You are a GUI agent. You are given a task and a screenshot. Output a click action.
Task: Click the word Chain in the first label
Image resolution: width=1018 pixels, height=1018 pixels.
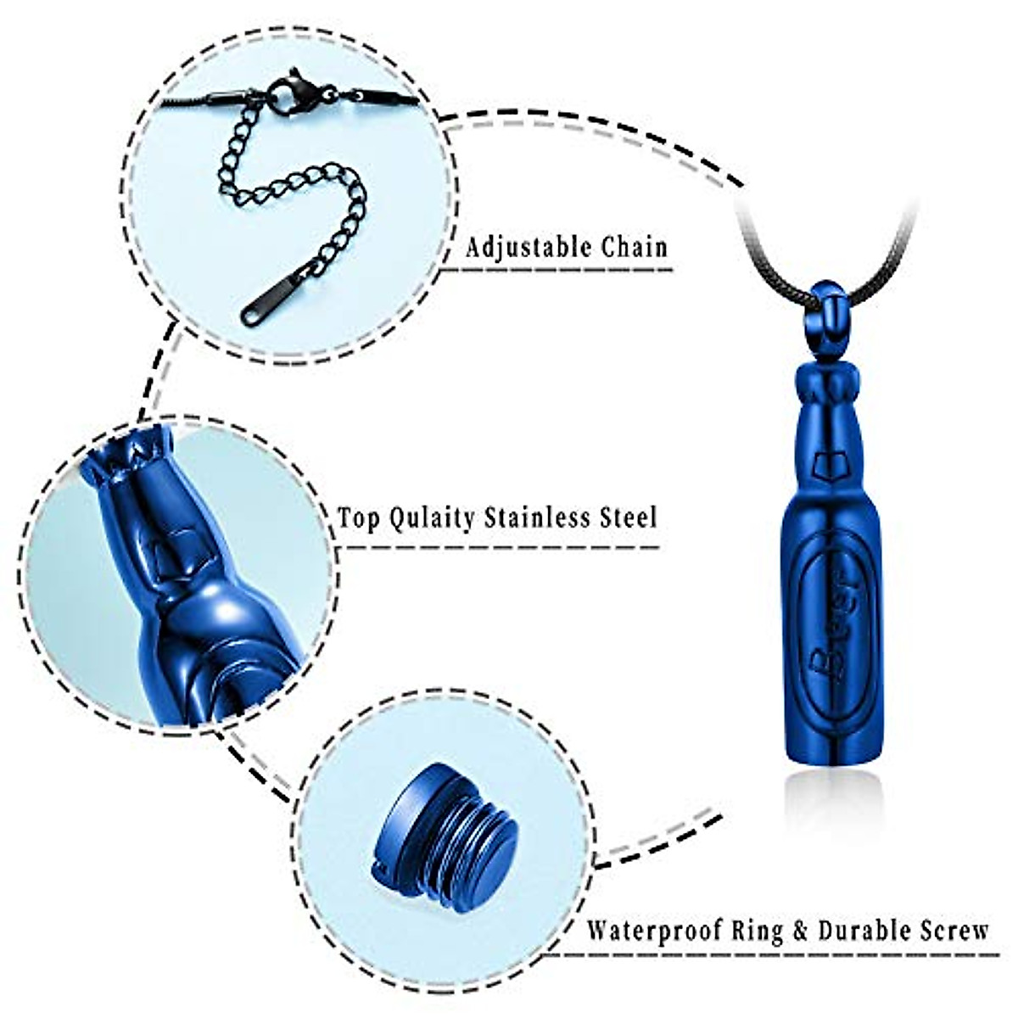pyautogui.click(x=635, y=248)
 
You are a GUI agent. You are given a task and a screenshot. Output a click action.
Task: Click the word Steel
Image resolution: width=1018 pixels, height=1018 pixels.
pyautogui.click(x=626, y=517)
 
